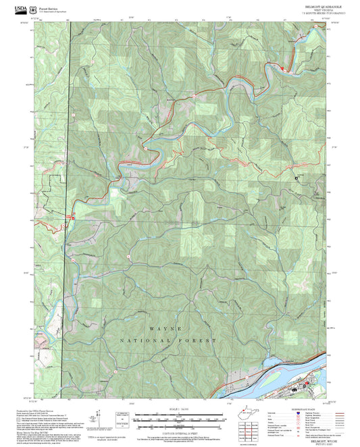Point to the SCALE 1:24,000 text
click(x=179, y=410)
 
